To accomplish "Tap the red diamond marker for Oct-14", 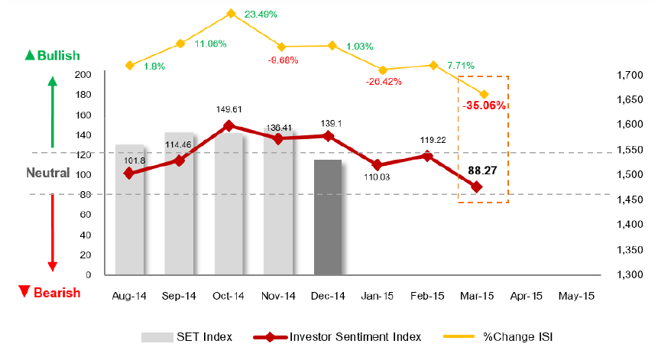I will tap(229, 126).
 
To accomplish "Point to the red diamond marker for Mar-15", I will tap(477, 186).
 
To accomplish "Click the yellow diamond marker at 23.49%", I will tap(231, 13).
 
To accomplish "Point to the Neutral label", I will tap(48, 174).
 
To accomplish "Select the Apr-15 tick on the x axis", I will tap(527, 295).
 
